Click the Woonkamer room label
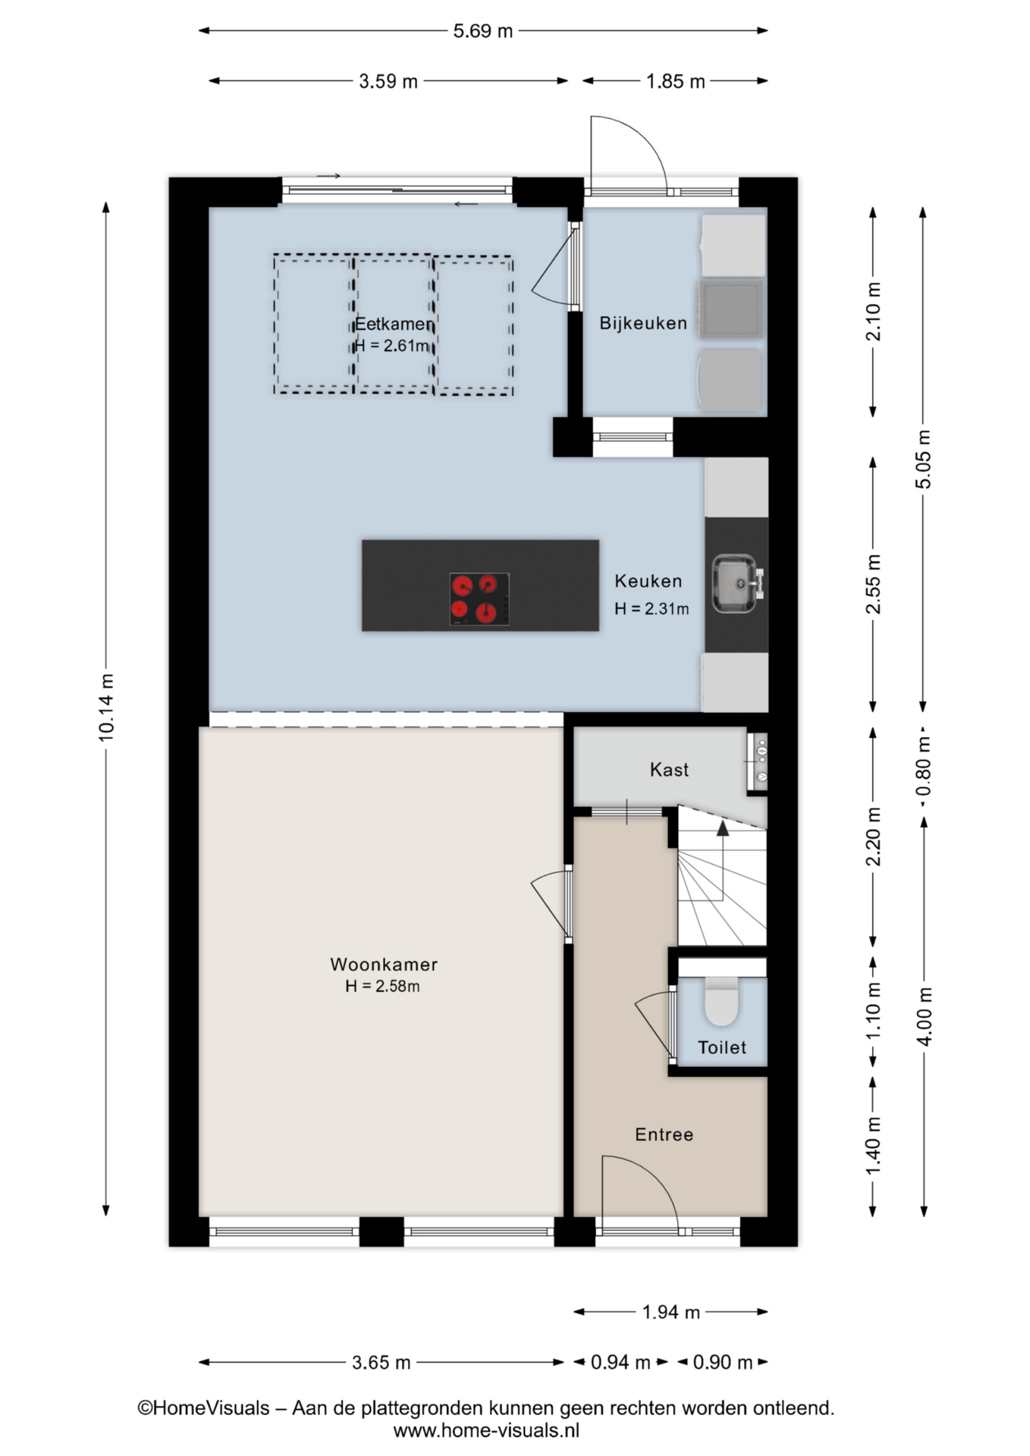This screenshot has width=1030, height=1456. [x=384, y=965]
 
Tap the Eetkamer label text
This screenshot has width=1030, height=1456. [x=394, y=325]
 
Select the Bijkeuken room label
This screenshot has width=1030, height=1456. [x=643, y=323]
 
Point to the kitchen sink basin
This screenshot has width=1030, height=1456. [x=733, y=583]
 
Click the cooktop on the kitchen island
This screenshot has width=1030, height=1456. [x=479, y=599]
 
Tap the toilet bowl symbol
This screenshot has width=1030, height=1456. [x=721, y=1002]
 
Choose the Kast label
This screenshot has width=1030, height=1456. [x=669, y=770]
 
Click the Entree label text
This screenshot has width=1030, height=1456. [x=664, y=1134]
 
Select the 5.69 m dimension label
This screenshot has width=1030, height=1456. [x=483, y=31]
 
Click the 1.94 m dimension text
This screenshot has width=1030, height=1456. [x=671, y=1312]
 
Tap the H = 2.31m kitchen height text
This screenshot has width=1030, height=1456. [x=652, y=608]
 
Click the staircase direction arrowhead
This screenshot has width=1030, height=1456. [x=723, y=828]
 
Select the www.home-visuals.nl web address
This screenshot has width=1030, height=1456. [x=486, y=1431]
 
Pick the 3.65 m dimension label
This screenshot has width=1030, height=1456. [x=381, y=1363]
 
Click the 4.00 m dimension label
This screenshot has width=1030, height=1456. [x=924, y=1016]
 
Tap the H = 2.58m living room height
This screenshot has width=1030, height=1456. [x=382, y=986]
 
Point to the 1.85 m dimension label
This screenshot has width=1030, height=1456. [x=675, y=81]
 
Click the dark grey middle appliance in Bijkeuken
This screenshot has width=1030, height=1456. [x=730, y=309]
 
